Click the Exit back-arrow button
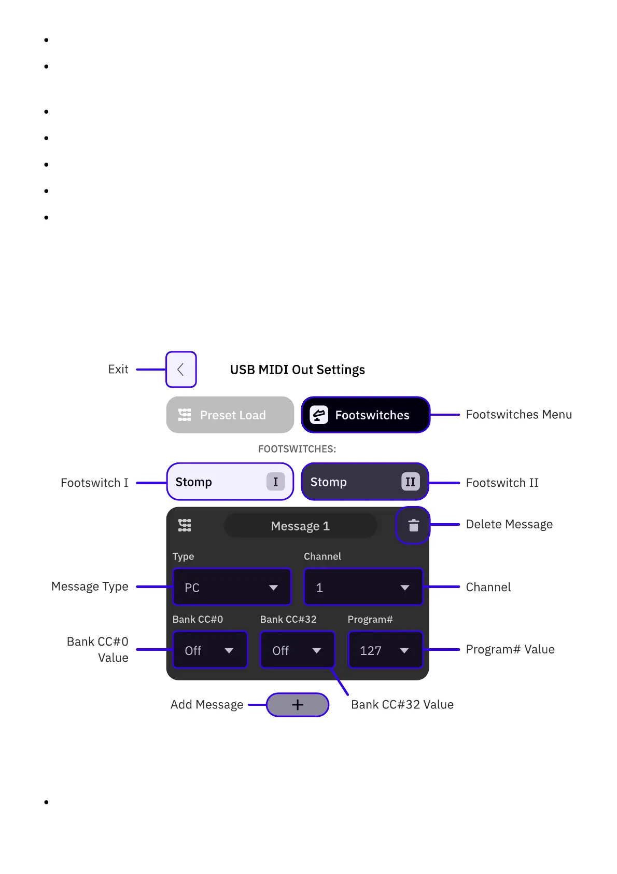click(181, 370)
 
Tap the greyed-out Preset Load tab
click(230, 415)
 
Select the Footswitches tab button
click(366, 415)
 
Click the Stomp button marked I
click(230, 482)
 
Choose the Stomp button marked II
click(364, 482)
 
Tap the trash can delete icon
click(413, 526)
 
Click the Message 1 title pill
click(300, 526)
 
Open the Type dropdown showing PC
click(232, 588)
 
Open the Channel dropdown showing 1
click(363, 588)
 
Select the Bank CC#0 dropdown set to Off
click(209, 650)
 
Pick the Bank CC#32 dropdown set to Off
click(297, 650)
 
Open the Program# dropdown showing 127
click(385, 650)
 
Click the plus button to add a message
click(298, 705)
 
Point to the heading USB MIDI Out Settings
click(297, 370)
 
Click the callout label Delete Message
click(509, 524)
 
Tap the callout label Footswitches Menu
click(518, 415)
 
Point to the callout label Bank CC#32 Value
click(402, 704)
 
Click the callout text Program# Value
click(510, 649)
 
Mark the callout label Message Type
click(90, 586)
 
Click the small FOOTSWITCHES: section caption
click(297, 449)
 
